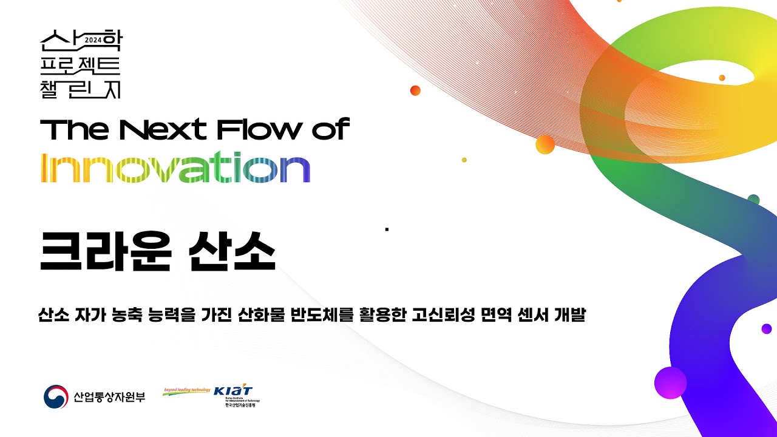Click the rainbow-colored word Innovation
(x=175, y=169)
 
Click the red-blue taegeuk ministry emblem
(x=56, y=397)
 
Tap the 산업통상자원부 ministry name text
(x=109, y=398)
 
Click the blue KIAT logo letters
(x=233, y=391)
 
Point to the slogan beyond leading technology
(x=186, y=390)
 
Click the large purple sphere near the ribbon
(x=670, y=382)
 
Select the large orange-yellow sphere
(x=545, y=144)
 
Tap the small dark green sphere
(x=753, y=200)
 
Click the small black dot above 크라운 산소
(x=387, y=229)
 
